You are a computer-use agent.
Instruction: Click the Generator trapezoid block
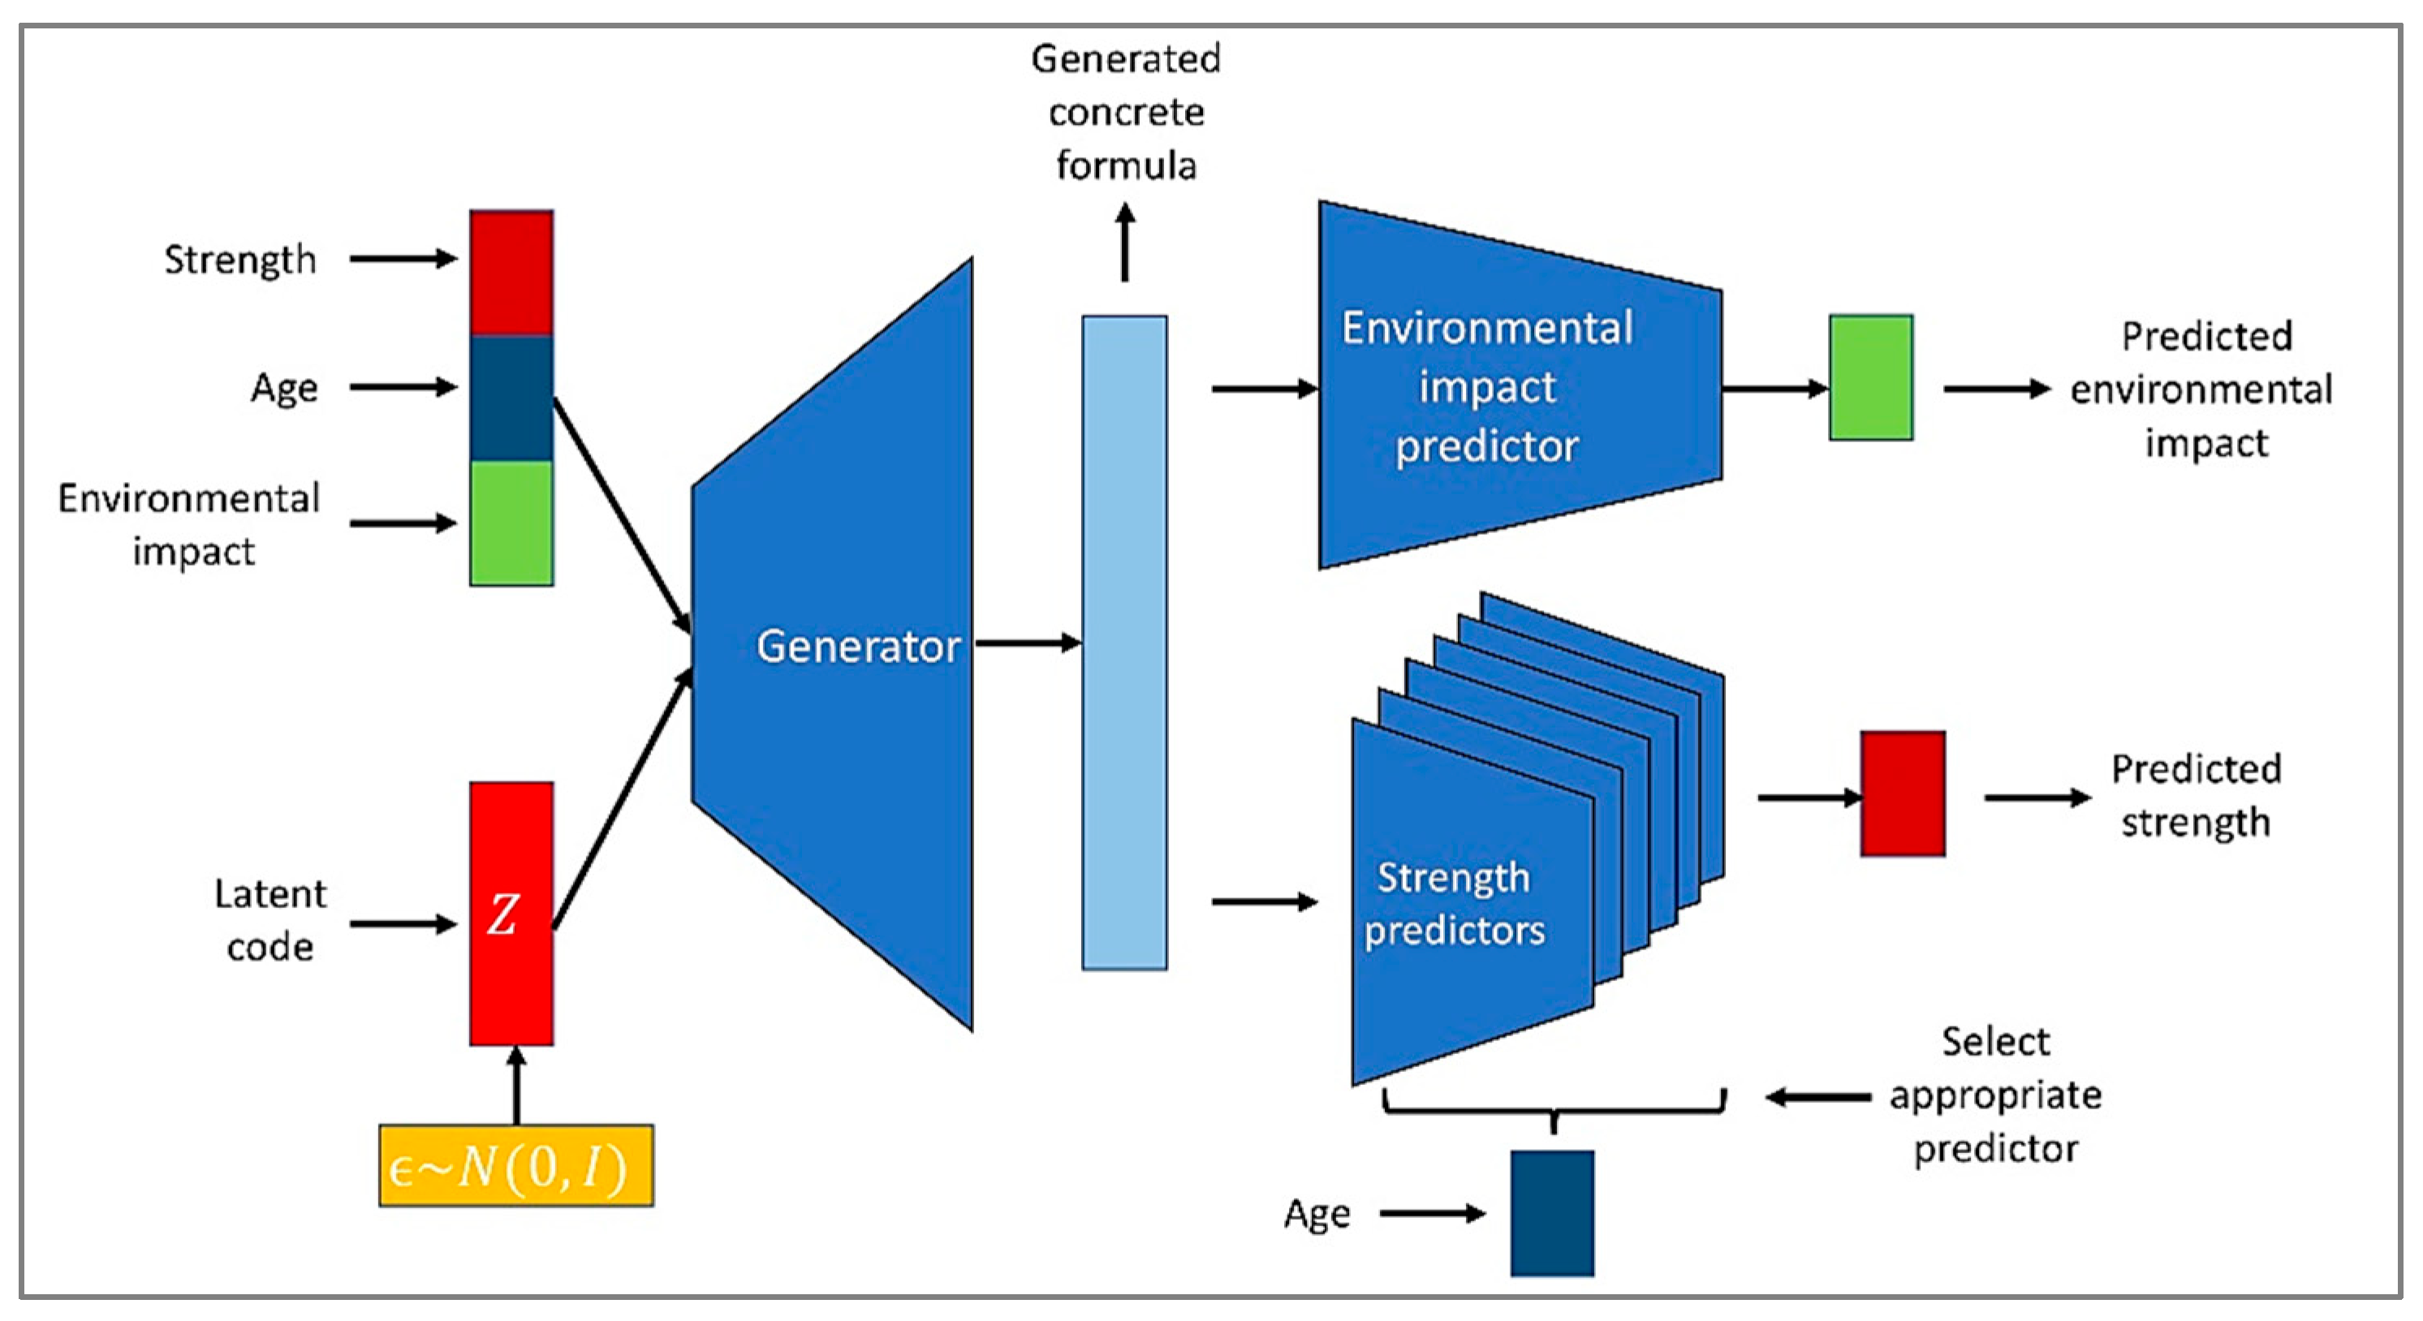tap(833, 645)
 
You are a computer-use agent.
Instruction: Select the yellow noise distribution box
tap(516, 1166)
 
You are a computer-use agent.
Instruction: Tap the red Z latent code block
tap(511, 913)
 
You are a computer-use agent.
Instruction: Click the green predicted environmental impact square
tap(1871, 377)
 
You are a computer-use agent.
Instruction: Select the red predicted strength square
tap(1903, 794)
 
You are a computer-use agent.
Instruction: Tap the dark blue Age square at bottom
tap(1552, 1213)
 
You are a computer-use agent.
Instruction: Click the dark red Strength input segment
tap(511, 273)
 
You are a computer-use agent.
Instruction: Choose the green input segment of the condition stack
tap(511, 523)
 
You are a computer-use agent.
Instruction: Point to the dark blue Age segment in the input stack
tap(511, 398)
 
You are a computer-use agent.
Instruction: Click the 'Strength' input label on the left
tap(239, 260)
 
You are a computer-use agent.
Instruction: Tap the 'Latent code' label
tap(270, 919)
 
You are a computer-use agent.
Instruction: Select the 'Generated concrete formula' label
tap(1126, 112)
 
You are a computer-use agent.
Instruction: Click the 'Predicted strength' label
tap(2196, 795)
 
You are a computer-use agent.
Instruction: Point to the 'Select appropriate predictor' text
tap(1996, 1095)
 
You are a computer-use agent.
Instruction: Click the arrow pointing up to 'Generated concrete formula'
tap(1125, 242)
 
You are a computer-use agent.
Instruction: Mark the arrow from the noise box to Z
tap(515, 1085)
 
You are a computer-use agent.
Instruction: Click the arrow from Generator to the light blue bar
tap(1028, 643)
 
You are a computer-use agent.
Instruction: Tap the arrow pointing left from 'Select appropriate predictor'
tap(1817, 1096)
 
